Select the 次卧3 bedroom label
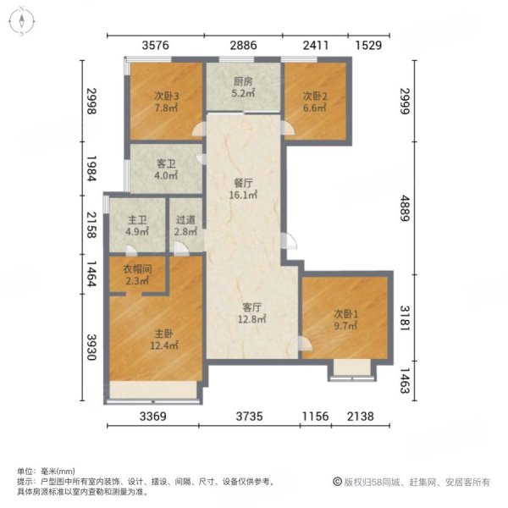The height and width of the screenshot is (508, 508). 165,95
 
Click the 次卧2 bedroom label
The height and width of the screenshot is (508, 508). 313,96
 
